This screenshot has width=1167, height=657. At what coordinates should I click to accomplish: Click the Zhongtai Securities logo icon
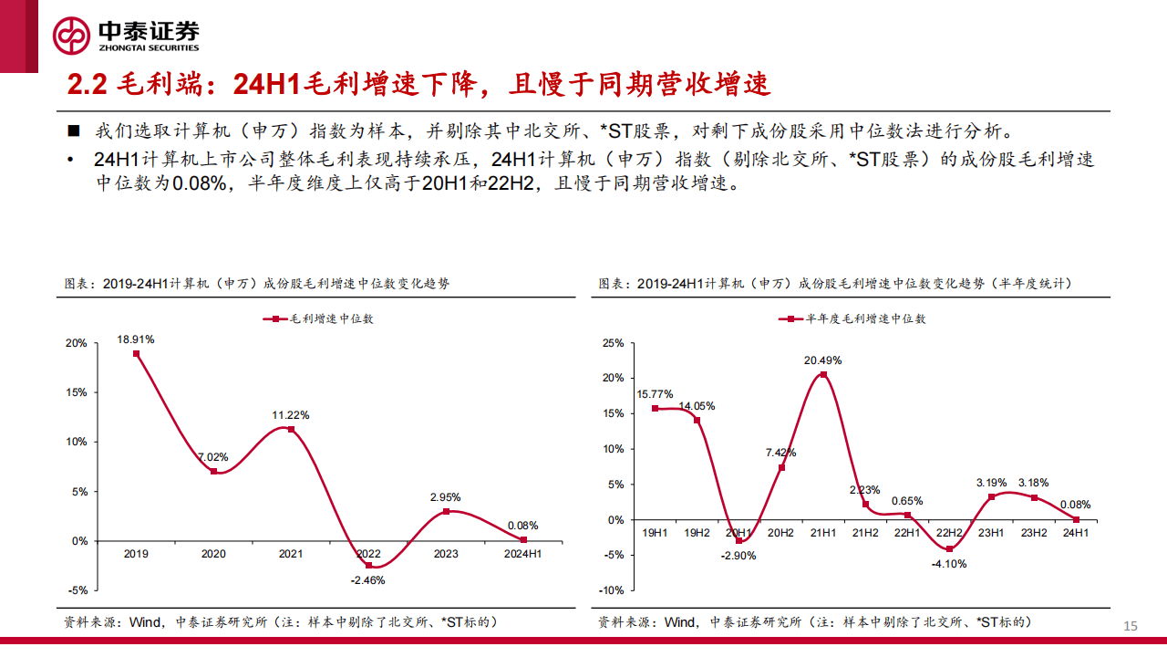click(71, 36)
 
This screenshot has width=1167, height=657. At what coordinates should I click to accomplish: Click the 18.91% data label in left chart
click(135, 339)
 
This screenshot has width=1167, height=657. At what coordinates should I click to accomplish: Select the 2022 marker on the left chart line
click(368, 565)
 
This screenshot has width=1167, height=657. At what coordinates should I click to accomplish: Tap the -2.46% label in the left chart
click(368, 580)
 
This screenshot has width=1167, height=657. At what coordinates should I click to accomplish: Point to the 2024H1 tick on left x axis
click(522, 554)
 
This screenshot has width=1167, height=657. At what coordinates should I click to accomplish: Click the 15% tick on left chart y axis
click(77, 392)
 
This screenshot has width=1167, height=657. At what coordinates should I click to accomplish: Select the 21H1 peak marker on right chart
click(823, 374)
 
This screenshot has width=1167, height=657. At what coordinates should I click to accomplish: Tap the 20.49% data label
click(822, 360)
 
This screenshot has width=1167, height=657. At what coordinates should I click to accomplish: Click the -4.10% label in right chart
click(948, 564)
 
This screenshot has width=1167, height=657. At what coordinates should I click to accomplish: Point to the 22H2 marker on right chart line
click(949, 548)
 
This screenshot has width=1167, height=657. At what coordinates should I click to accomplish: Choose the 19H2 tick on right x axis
click(697, 532)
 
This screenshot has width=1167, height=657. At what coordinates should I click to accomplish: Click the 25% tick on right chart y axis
click(613, 343)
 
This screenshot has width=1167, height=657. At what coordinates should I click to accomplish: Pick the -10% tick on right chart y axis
click(611, 590)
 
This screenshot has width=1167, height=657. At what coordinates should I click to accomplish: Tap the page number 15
click(1131, 625)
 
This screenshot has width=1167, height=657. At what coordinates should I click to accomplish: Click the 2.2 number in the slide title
click(88, 85)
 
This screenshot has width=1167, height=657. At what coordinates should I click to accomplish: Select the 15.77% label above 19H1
click(655, 394)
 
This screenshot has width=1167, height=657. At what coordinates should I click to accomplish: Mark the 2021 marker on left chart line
click(291, 429)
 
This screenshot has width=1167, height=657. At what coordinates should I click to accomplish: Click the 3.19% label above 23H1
click(991, 482)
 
